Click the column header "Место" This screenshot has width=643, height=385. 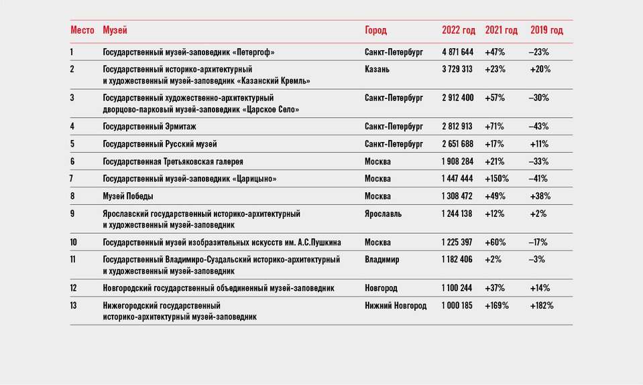coord(82,30)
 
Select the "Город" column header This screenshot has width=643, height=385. coord(375,30)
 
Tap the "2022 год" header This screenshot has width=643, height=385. coord(459,30)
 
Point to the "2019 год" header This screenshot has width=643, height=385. coord(546,30)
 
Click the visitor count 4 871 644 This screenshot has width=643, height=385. coord(458,52)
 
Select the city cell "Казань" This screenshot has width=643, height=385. coord(377,69)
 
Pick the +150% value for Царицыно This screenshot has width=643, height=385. coord(497,179)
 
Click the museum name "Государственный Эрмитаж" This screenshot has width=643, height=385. coord(150,127)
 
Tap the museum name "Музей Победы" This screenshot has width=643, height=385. coord(128,196)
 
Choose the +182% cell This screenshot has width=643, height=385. coord(541,305)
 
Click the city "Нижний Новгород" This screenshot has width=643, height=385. coord(396,305)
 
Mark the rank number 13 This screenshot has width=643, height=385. coord(73,305)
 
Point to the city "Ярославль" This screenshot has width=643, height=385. coord(383,214)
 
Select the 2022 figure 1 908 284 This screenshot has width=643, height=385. coord(458,161)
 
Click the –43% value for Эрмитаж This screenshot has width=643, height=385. coord(539,127)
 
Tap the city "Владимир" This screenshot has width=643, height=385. coord(382,260)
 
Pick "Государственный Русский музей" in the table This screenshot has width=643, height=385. coord(160,144)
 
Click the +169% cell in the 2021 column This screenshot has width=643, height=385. coord(497,305)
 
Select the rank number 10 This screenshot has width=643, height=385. coord(73,242)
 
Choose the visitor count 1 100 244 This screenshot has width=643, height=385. coord(457,288)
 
